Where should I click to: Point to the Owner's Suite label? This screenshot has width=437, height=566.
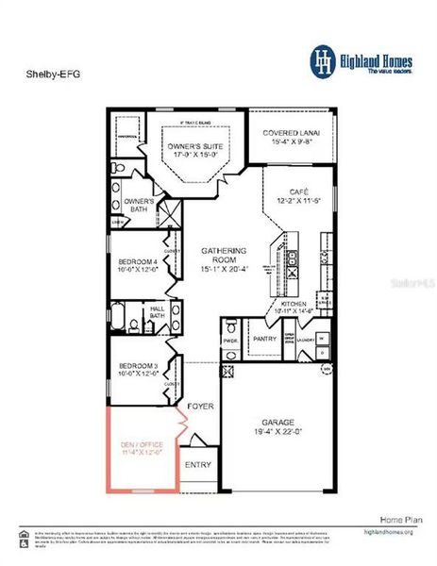point(194,152)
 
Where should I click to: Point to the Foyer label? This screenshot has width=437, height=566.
point(199,406)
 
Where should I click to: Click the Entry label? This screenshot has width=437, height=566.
point(198,464)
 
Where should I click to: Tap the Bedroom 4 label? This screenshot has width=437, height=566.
point(138,267)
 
